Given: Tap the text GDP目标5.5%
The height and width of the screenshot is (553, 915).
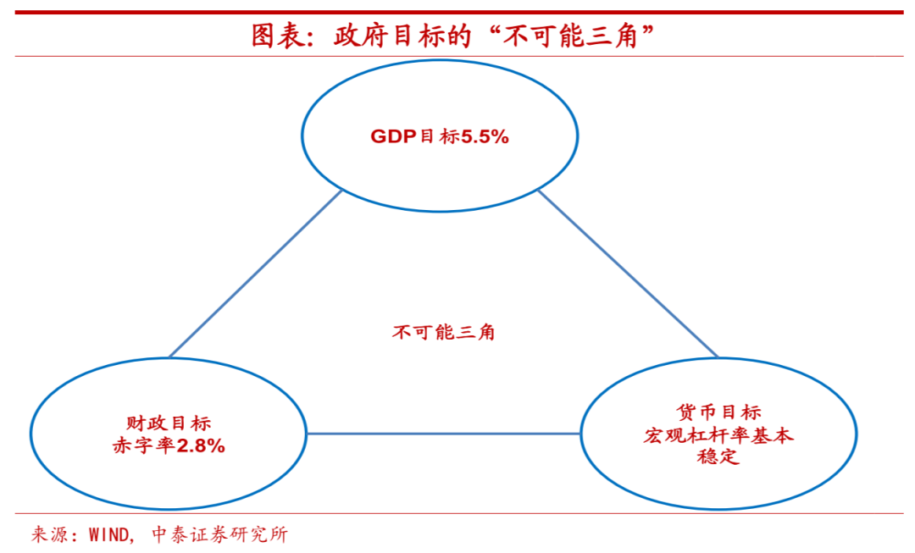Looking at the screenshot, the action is (x=440, y=136).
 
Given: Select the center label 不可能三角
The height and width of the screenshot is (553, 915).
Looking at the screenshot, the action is (x=443, y=333).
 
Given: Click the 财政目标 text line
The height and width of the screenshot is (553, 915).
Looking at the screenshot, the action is (x=169, y=423).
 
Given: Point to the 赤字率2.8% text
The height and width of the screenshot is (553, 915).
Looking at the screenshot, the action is (x=169, y=446).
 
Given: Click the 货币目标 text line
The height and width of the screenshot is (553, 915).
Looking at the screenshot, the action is (x=719, y=412).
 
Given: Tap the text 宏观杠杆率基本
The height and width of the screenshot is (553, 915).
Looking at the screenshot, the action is (x=718, y=435).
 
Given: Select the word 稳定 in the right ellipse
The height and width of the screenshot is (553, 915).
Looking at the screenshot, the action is (x=718, y=456).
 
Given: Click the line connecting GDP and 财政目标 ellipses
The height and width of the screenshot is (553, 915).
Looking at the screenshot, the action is (x=255, y=274).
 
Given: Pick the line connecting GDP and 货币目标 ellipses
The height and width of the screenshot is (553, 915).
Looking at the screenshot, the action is (x=628, y=274).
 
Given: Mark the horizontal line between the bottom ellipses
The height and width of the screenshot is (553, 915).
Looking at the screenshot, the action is (x=443, y=434).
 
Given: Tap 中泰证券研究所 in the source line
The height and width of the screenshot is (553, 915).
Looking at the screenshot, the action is (x=220, y=534).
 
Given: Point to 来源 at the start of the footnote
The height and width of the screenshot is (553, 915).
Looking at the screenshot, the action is (x=47, y=534).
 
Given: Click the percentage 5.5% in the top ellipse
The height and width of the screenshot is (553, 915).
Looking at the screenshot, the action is (x=485, y=136).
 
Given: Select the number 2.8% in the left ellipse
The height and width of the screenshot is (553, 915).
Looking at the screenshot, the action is (x=201, y=446).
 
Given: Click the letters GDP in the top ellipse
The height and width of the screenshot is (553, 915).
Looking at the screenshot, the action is (x=393, y=136).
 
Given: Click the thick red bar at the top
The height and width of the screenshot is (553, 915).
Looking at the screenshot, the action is (x=458, y=12).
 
